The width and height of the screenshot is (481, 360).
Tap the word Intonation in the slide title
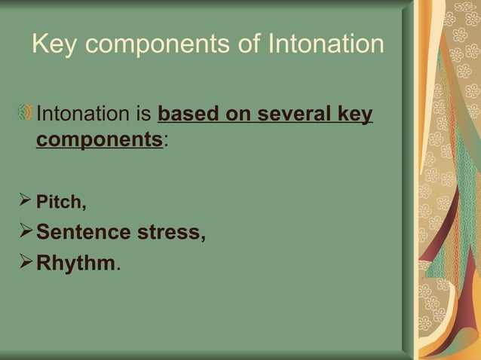[x=326, y=44]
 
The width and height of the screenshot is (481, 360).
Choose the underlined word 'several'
[x=285, y=117]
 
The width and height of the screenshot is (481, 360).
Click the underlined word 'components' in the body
[x=99, y=141]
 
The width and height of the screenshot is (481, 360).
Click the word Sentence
[x=84, y=232]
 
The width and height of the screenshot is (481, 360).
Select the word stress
[x=172, y=232]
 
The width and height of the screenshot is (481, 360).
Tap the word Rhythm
[x=75, y=264]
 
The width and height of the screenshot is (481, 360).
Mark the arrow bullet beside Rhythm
[x=24, y=263]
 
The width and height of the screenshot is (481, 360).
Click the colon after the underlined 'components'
[x=165, y=143]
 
